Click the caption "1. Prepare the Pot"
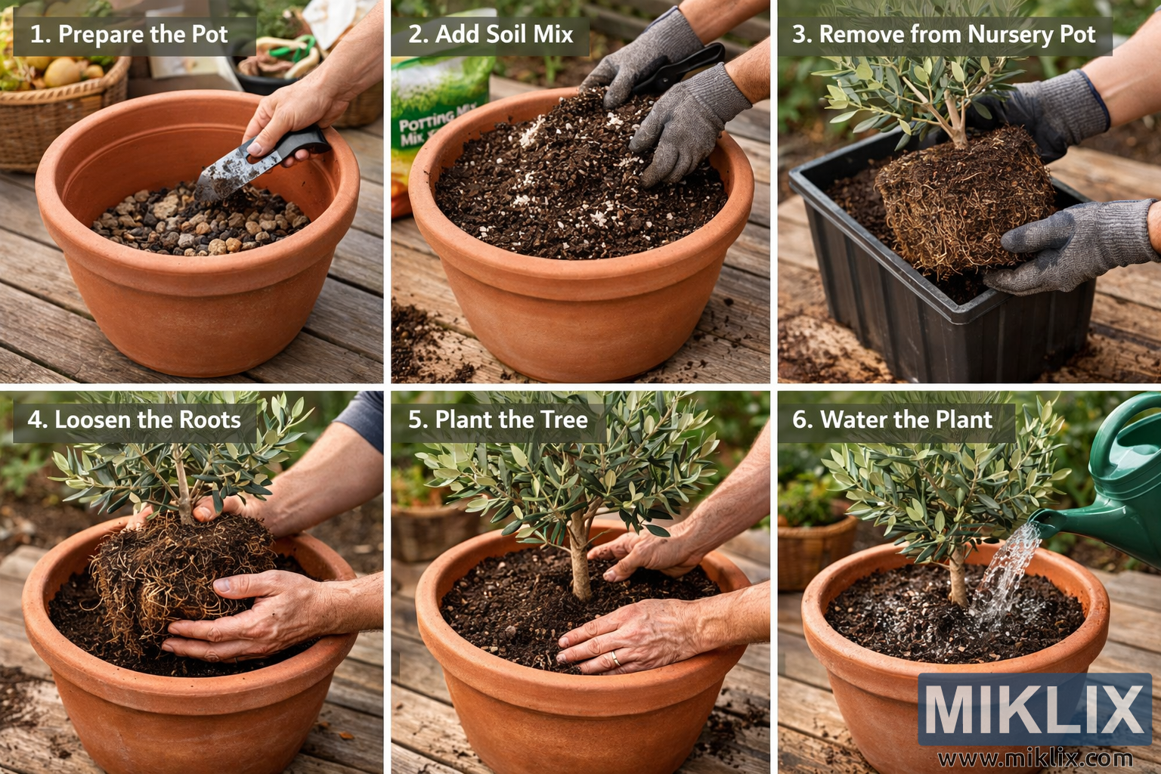tap(128, 35)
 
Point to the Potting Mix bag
tap(431, 121)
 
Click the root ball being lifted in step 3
tap(960, 197)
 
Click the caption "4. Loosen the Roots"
tap(135, 420)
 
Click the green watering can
tap(1119, 484)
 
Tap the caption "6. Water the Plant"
tap(892, 420)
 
